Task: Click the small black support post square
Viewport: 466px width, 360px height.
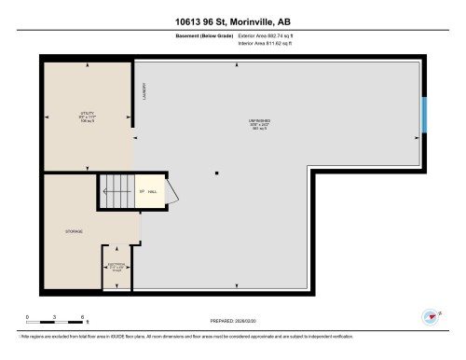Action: tap(216, 173)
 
